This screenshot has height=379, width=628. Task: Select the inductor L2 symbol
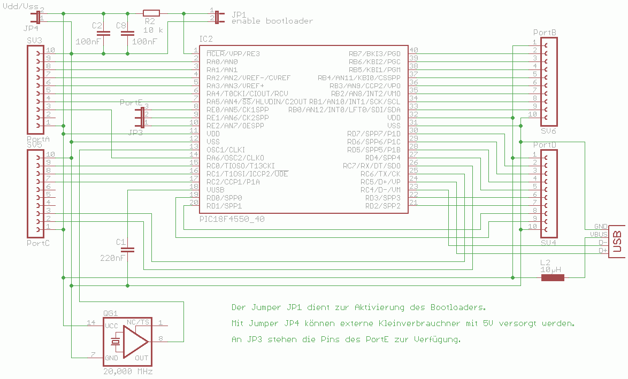click(553, 277)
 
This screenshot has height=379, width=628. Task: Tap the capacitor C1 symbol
click(127, 249)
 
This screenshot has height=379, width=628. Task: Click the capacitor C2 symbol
click(103, 33)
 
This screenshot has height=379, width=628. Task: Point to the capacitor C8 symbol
click(127, 33)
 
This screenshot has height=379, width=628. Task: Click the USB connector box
click(617, 241)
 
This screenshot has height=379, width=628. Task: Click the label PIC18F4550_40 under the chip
click(232, 219)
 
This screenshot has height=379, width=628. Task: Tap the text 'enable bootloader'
click(272, 21)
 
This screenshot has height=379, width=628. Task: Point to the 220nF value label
click(112, 258)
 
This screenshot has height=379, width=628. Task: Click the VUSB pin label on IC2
click(216, 190)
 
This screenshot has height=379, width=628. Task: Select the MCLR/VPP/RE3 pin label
click(233, 53)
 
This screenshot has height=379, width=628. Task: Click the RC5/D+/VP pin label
click(380, 182)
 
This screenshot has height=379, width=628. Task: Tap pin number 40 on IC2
click(413, 50)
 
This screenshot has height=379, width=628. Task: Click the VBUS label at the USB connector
click(598, 234)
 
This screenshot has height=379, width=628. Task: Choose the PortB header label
click(545, 33)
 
